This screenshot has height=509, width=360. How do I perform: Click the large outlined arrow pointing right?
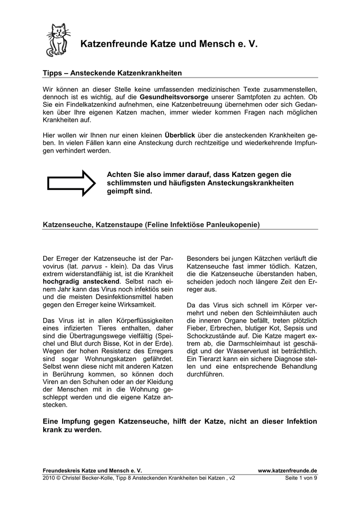pos(70,182)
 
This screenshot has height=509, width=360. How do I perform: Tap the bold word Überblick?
pos(180,135)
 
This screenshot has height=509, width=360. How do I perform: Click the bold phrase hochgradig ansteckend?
pos(82,281)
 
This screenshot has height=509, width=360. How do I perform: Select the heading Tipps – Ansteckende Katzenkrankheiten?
pos(113,73)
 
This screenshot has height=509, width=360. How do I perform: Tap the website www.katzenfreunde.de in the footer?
pos(287,470)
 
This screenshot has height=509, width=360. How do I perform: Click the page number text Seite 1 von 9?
pos(301,478)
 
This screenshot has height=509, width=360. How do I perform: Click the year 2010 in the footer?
pos(50,478)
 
